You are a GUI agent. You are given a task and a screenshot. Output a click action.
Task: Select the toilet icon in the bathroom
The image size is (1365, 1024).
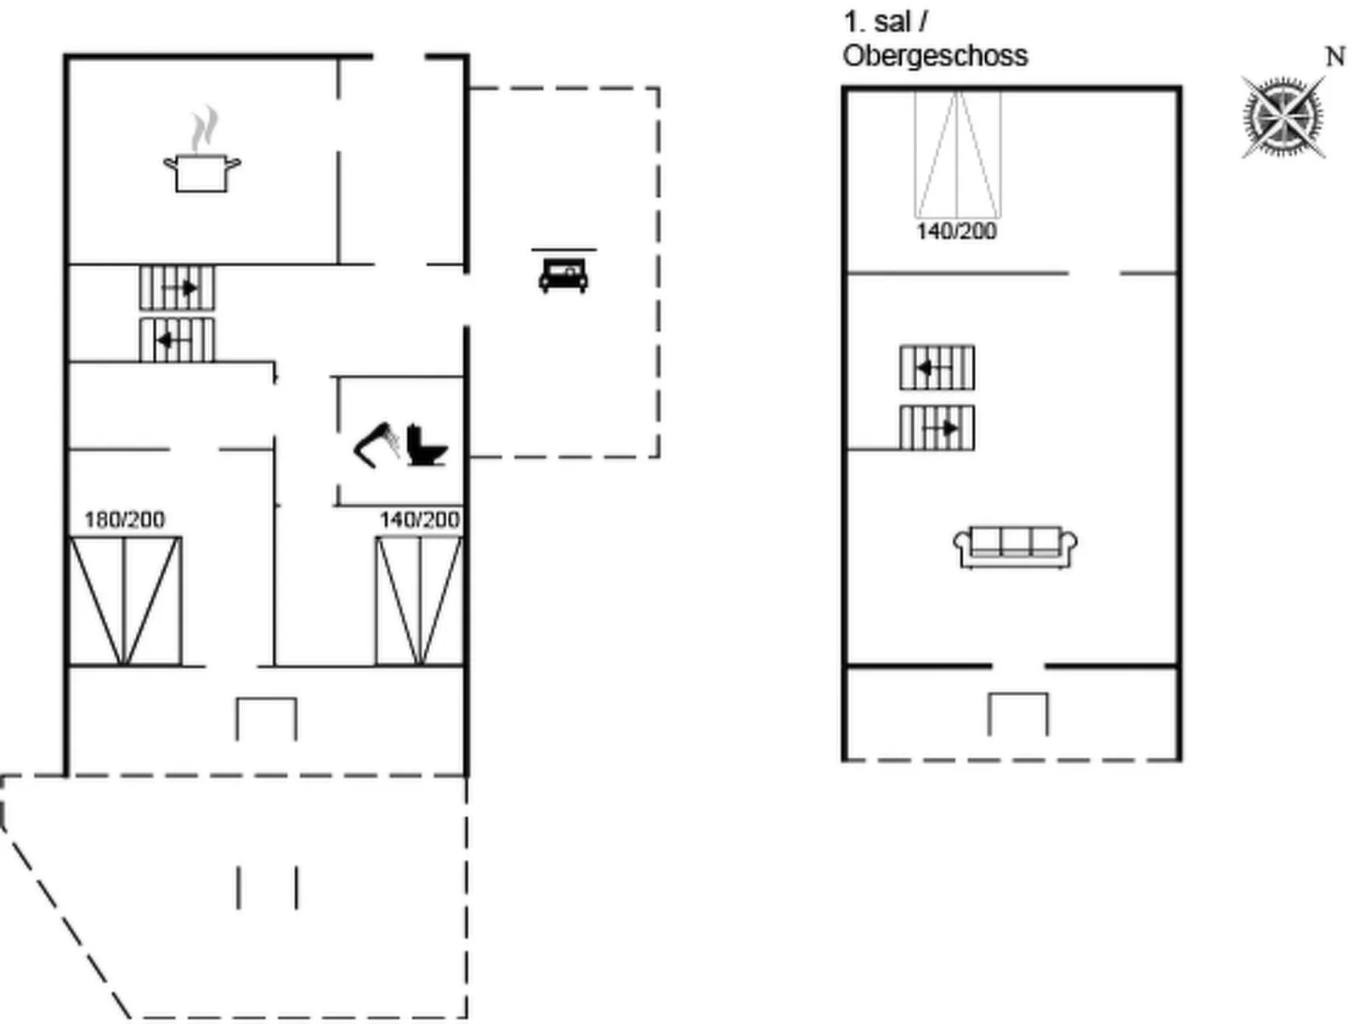427,444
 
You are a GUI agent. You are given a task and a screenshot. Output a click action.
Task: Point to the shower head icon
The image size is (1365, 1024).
377,444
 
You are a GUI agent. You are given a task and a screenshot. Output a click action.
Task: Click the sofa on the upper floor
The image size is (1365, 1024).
1016,546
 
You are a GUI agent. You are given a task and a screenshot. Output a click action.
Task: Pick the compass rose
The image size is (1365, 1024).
1283,117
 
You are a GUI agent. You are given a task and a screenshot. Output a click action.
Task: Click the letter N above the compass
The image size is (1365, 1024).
1336,57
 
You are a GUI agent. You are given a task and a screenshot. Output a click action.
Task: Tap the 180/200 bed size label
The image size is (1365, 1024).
124,520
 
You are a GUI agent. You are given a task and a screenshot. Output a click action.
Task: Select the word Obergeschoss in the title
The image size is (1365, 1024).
935,56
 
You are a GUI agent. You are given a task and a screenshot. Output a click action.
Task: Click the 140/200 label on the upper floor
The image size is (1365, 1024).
956,231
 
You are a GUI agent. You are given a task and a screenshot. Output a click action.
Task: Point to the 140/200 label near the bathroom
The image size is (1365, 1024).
420,520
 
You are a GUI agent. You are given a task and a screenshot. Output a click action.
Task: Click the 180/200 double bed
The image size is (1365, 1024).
125,601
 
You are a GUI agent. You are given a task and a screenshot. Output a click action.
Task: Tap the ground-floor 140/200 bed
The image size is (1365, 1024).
420,601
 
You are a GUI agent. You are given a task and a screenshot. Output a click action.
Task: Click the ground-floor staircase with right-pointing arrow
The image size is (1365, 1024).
178,288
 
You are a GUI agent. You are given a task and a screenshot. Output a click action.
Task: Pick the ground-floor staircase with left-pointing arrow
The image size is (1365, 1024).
178,340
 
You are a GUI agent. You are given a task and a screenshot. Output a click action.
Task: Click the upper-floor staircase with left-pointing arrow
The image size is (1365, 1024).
937,368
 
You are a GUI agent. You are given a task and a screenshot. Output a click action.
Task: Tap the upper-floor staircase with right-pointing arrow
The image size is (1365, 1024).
937,427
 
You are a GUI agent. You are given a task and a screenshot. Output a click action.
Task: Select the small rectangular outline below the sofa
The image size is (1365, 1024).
1018,694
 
